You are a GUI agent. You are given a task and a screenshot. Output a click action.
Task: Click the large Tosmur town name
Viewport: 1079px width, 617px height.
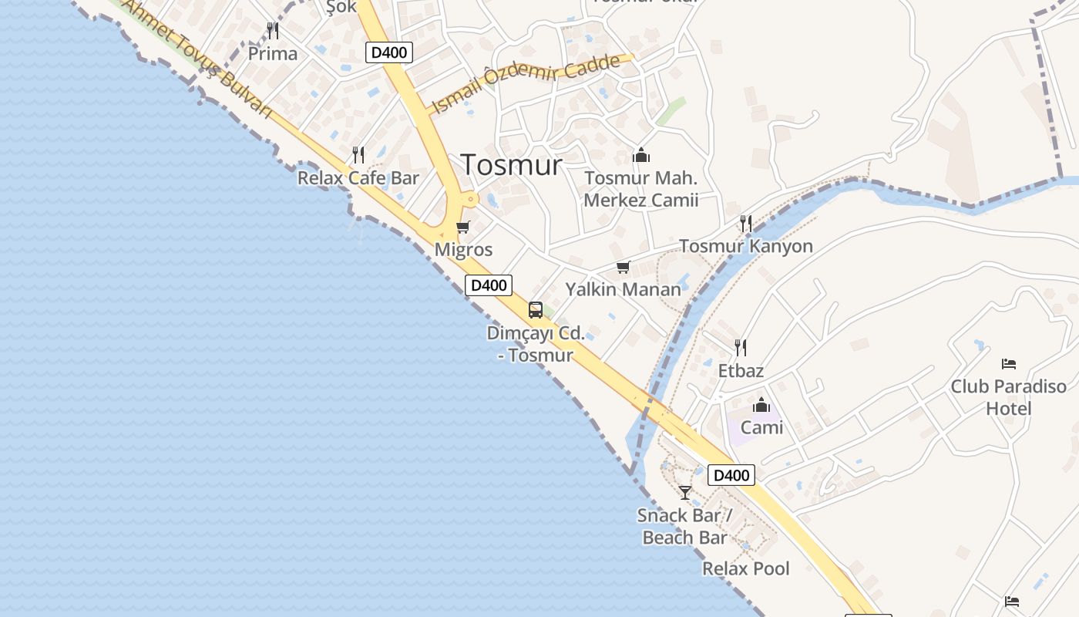point(511,164)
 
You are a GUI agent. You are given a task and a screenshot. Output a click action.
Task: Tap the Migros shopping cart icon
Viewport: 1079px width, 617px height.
point(463,227)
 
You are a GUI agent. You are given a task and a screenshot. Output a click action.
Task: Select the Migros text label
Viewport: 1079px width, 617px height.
point(463,250)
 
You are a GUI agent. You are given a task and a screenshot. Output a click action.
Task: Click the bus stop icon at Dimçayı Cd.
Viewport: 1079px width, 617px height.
point(536,310)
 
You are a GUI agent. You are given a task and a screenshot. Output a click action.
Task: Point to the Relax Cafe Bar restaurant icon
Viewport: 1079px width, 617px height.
point(358,155)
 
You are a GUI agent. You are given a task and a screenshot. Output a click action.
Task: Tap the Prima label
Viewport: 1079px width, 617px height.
point(273,54)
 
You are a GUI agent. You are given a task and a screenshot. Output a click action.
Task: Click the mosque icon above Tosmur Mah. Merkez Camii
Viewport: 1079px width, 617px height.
point(641,156)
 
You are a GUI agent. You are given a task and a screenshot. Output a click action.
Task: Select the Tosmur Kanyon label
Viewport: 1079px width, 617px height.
point(745,246)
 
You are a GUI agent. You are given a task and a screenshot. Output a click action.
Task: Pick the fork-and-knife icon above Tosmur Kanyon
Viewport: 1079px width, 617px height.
point(746,224)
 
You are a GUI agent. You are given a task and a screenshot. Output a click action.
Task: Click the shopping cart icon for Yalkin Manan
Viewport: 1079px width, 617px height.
point(623,268)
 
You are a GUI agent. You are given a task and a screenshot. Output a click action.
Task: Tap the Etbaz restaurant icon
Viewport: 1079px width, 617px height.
point(741,348)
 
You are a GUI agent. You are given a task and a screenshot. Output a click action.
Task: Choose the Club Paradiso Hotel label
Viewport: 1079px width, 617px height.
point(1008,396)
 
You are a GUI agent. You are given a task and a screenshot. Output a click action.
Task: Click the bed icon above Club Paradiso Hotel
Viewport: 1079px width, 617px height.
point(1009,364)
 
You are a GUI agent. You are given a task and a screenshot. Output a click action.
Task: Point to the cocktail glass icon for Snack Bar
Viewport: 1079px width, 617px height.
point(685,492)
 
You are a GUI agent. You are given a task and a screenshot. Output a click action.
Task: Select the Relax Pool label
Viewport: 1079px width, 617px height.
point(745,568)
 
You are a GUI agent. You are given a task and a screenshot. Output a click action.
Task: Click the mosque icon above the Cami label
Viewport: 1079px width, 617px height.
point(761,405)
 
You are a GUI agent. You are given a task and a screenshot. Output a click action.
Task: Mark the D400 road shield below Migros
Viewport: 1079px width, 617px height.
point(489,285)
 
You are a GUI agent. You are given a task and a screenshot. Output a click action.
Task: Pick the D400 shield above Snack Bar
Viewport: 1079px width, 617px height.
point(731,475)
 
